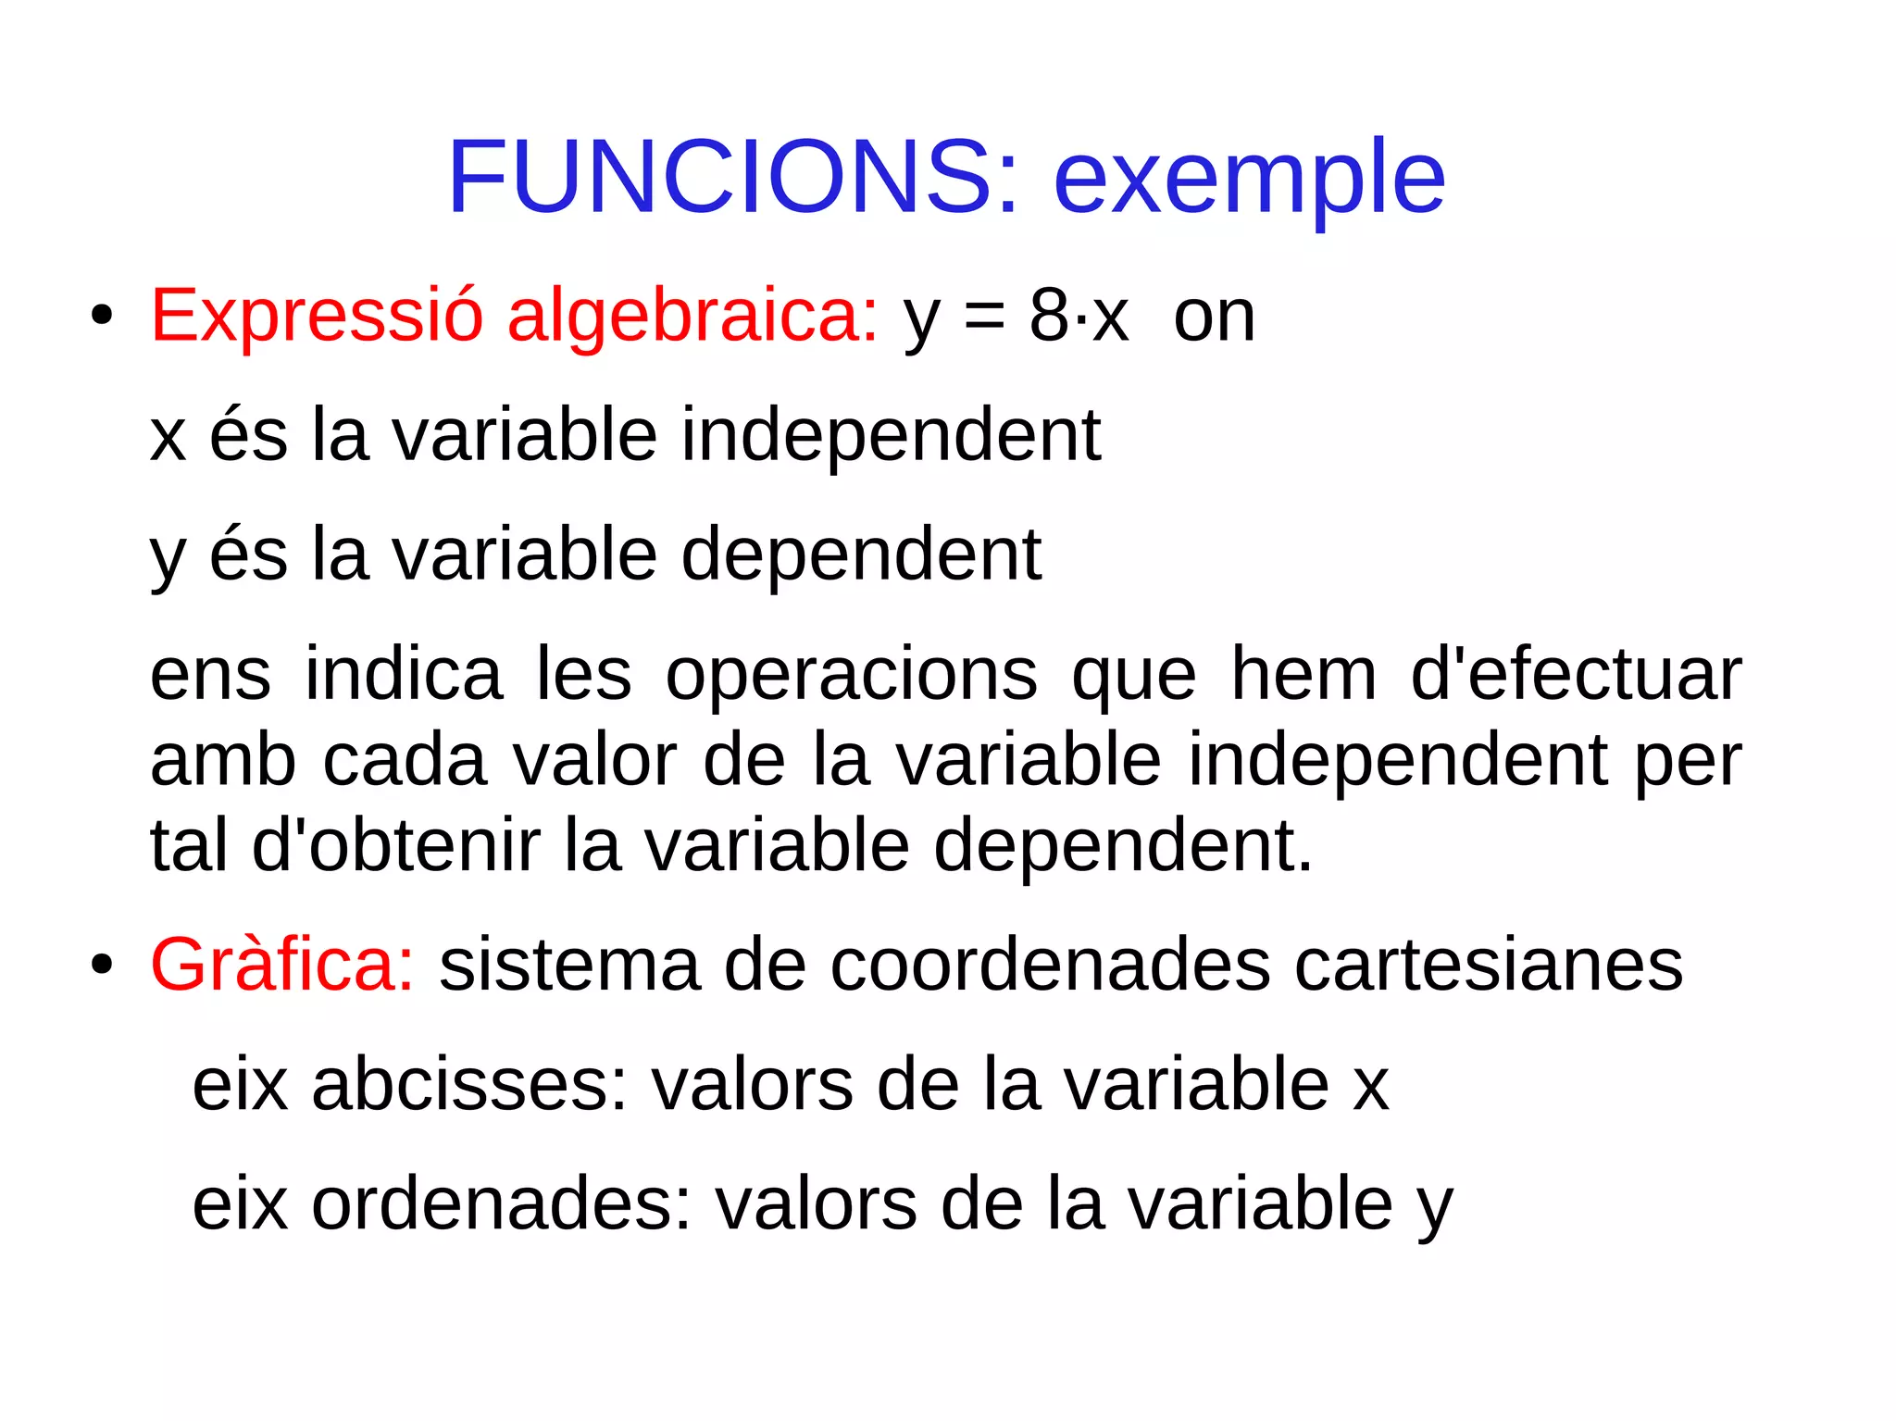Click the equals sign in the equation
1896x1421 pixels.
[x=983, y=318]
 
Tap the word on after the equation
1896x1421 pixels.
[x=1214, y=318]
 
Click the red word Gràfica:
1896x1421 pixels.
[x=282, y=965]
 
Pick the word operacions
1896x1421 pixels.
[x=852, y=674]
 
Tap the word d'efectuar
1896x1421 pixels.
[x=1576, y=674]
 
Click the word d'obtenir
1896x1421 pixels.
[x=395, y=845]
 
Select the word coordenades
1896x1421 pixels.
[x=1050, y=965]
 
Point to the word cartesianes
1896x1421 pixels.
[x=1489, y=965]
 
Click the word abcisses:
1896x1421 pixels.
[x=470, y=1084]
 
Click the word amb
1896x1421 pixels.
[x=222, y=759]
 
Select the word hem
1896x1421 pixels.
[x=1303, y=674]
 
